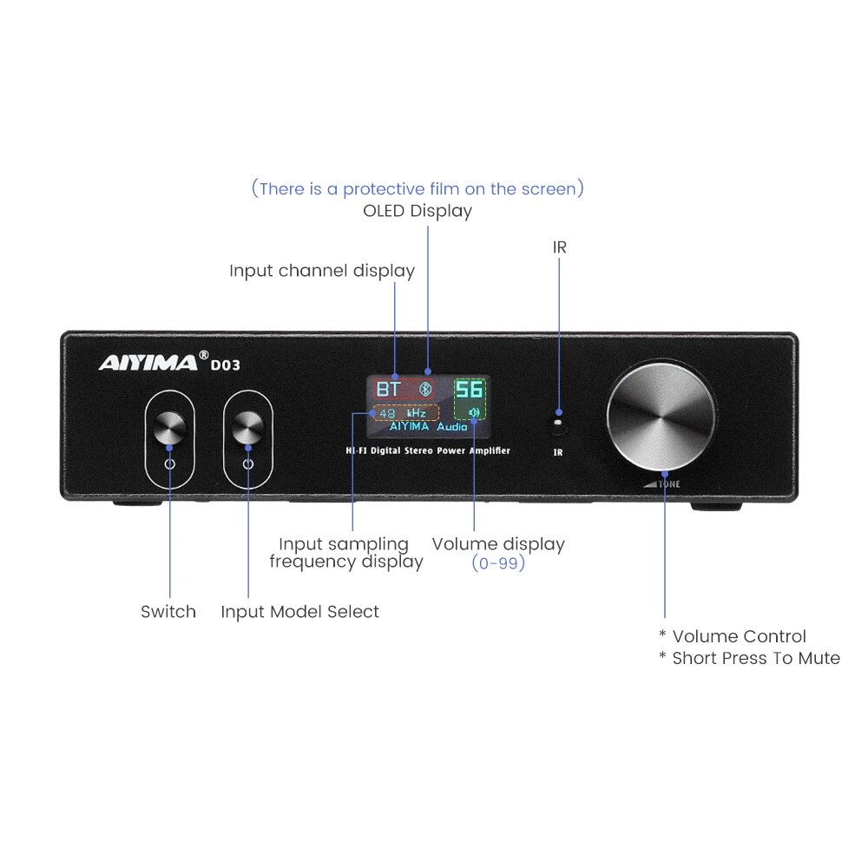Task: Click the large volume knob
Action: pos(662,419)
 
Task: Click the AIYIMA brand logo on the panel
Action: pos(148,362)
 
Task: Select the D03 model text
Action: pos(226,365)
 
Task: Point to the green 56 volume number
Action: pos(470,389)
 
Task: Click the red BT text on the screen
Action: pos(388,389)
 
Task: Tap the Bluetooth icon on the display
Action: pos(425,389)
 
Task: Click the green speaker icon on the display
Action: pos(473,412)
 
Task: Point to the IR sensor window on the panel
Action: pos(559,424)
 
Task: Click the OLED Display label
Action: pos(418,211)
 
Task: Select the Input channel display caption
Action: pos(322,271)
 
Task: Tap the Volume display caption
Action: pos(498,544)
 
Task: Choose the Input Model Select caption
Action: pos(299,612)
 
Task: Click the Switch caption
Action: pos(168,612)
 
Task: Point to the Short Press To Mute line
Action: pos(749,658)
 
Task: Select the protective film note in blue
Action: pos(418,188)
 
